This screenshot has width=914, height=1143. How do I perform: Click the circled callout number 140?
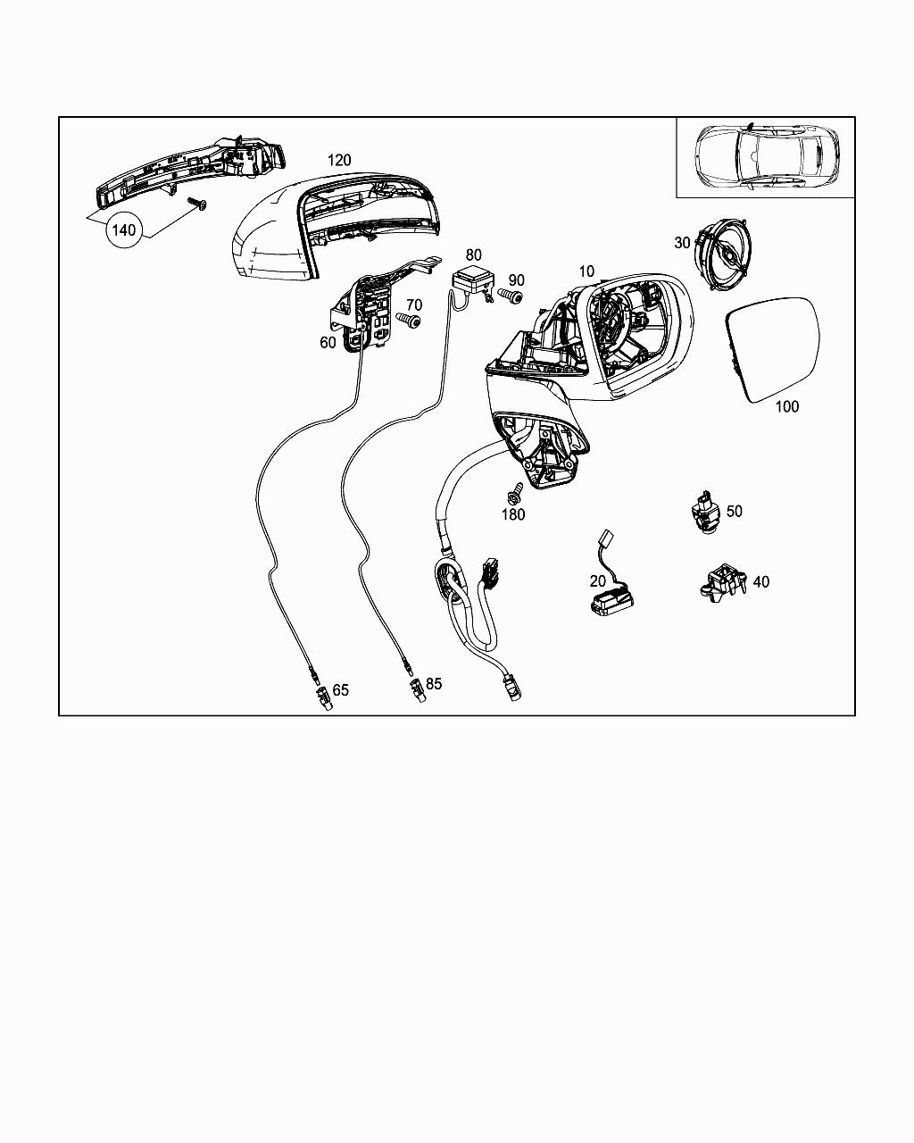tap(124, 230)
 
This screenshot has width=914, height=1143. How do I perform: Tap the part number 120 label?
tap(339, 160)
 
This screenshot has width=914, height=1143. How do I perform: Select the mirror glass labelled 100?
tap(773, 349)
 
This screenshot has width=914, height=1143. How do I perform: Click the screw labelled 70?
tap(409, 320)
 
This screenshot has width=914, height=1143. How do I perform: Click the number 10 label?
tap(586, 271)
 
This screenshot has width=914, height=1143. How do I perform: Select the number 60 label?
tap(328, 343)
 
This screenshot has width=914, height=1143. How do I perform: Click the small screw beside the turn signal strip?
tap(197, 204)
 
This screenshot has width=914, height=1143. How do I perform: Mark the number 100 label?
tap(787, 406)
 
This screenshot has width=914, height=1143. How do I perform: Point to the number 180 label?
tap(513, 514)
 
